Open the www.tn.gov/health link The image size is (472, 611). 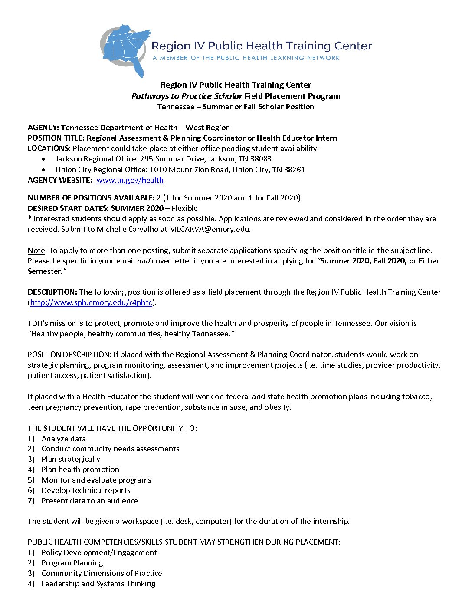pyautogui.click(x=130, y=180)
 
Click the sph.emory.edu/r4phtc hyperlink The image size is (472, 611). pyautogui.click(x=91, y=302)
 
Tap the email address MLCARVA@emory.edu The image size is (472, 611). pyautogui.click(x=210, y=229)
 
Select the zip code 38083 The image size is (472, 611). pyautogui.click(x=261, y=159)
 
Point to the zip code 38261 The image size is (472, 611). pyautogui.click(x=295, y=170)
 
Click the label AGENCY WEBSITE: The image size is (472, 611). pyautogui.click(x=60, y=180)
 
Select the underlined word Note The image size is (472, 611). pyautogui.click(x=36, y=250)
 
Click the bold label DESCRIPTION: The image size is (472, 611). pyautogui.click(x=52, y=292)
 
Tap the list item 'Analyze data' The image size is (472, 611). pyautogui.click(x=64, y=439)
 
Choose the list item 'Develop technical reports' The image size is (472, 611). pyautogui.click(x=86, y=490)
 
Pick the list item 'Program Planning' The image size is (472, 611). pyautogui.click(x=72, y=563)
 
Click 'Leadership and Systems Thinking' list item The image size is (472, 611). pyautogui.click(x=98, y=584)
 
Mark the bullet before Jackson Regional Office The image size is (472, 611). pyautogui.click(x=44, y=159)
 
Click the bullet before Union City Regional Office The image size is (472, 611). pyautogui.click(x=44, y=170)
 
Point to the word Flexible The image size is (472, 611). pyautogui.click(x=184, y=208)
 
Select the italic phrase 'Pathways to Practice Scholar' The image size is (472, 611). pyautogui.click(x=187, y=96)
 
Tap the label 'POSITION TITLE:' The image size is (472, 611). pyautogui.click(x=56, y=138)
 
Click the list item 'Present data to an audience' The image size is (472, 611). pyautogui.click(x=90, y=501)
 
